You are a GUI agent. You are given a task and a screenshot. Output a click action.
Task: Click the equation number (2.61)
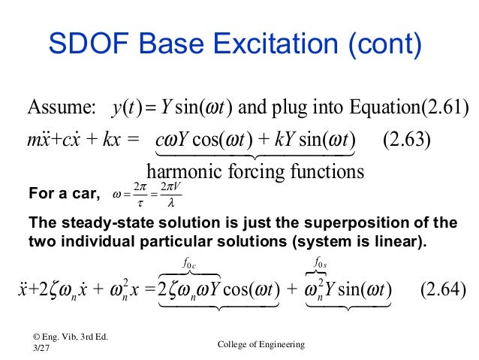tap(444, 110)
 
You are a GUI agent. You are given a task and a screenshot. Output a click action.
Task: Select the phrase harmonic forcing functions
tap(255, 171)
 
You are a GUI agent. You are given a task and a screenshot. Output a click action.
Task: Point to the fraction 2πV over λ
tap(169, 197)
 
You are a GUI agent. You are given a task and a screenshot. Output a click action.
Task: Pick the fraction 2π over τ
tap(137, 197)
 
